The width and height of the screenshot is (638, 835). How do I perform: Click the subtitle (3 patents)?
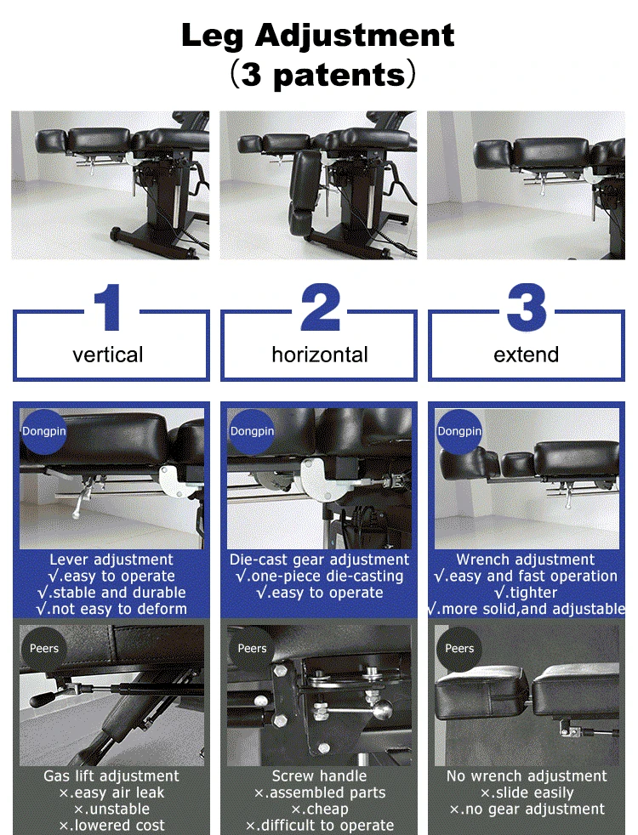pos(322,74)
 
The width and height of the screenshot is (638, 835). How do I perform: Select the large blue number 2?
pos(320,307)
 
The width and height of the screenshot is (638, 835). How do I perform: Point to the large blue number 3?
pos(527,307)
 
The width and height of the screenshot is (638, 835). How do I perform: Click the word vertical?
pos(107,355)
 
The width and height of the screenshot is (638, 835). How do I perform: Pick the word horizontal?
pos(320,355)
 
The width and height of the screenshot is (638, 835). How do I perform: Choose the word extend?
pos(527,355)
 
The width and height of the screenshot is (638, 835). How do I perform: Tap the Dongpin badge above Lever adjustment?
pos(43,431)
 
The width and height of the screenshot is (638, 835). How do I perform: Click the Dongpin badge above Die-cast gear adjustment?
pos(252,431)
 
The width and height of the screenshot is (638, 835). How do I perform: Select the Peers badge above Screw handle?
pos(252,648)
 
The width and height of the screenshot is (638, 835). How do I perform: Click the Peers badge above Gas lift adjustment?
pos(44,648)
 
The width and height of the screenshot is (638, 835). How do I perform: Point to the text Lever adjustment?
pos(111,560)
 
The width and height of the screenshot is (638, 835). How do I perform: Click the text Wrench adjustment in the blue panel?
pos(526,560)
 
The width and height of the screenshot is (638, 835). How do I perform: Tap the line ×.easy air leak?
pos(111,792)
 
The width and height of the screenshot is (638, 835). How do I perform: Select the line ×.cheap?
pos(320,809)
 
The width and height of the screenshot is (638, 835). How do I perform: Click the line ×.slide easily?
pos(527,792)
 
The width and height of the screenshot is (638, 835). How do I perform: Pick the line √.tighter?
pos(526,592)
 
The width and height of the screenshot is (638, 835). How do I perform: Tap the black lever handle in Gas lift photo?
pos(45,697)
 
